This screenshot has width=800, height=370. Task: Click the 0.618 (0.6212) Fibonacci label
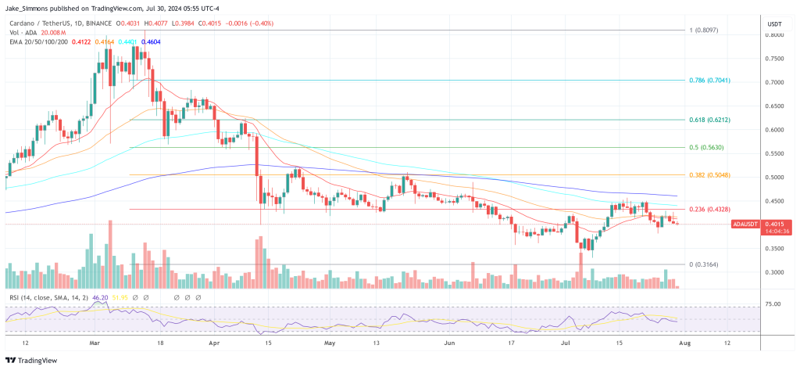click(x=709, y=120)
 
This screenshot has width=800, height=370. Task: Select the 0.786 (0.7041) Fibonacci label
click(x=709, y=80)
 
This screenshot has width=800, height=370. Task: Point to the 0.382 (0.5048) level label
click(x=709, y=175)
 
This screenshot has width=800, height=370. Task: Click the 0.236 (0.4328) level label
click(x=709, y=210)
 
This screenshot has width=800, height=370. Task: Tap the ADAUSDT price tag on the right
click(x=746, y=225)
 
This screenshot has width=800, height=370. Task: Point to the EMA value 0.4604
click(x=151, y=41)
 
